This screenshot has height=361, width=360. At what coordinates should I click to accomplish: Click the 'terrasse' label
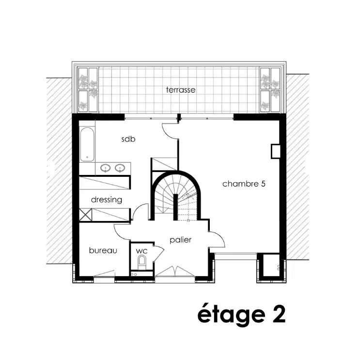click(x=181, y=90)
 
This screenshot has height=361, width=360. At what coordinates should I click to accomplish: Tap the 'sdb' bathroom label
click(x=128, y=139)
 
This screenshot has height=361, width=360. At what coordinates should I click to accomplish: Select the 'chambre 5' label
click(x=244, y=184)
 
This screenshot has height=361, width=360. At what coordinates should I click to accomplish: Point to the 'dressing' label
click(x=106, y=200)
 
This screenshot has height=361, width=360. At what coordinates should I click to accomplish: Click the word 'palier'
click(x=180, y=240)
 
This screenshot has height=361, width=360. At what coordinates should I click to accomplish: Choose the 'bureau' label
click(x=103, y=250)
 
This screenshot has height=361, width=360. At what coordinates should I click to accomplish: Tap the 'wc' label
click(x=141, y=251)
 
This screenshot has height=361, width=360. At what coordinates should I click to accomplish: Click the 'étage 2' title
click(x=241, y=314)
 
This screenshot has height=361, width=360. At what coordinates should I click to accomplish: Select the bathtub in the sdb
click(x=87, y=144)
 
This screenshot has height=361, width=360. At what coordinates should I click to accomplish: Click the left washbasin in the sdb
click(x=106, y=168)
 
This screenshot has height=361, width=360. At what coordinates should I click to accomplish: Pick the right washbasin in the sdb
click(x=120, y=168)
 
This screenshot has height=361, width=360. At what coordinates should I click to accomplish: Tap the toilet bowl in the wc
click(x=141, y=263)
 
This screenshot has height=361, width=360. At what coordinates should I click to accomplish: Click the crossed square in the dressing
click(x=85, y=215)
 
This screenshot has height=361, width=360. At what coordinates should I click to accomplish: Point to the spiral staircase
click(x=175, y=196)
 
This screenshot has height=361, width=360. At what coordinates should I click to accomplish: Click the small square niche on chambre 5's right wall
click(x=275, y=151)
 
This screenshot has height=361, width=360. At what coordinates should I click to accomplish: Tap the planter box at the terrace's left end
click(x=88, y=90)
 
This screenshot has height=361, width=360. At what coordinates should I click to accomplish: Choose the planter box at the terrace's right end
click(x=270, y=90)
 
